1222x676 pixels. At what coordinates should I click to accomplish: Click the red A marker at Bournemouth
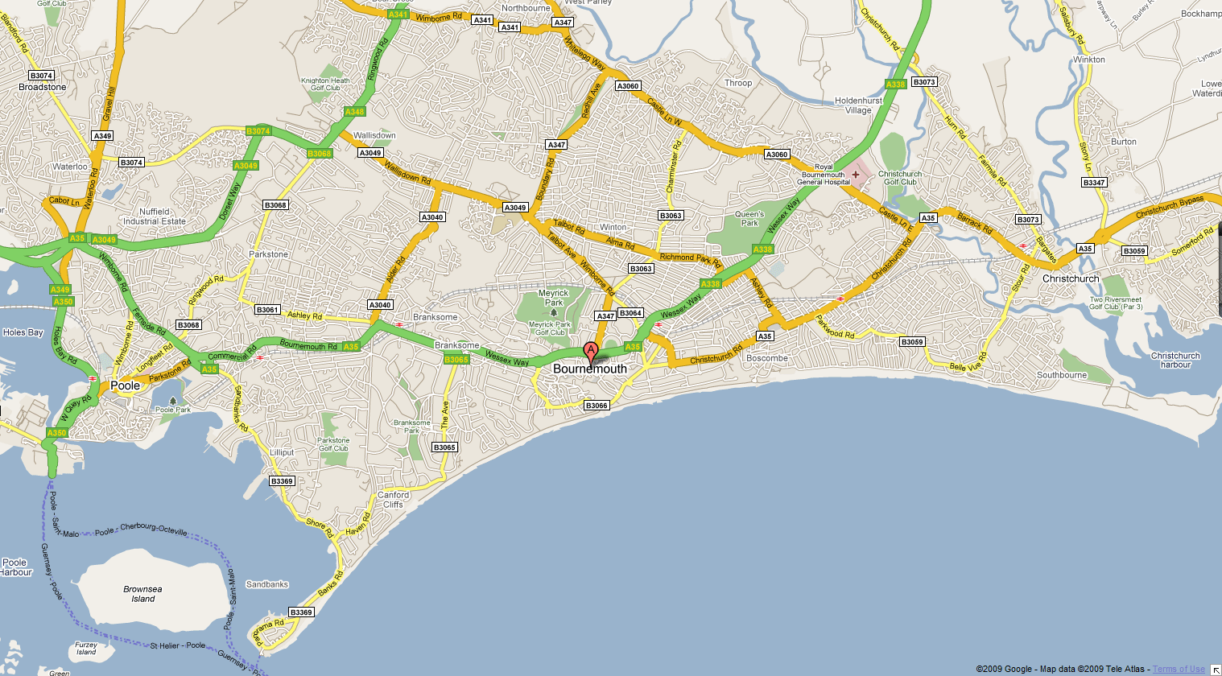point(591,352)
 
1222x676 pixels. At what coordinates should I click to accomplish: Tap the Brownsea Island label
point(142,594)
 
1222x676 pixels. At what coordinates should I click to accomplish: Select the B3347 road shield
point(1094,183)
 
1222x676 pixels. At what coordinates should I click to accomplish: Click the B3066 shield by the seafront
point(597,406)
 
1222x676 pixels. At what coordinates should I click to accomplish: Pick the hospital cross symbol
point(855,174)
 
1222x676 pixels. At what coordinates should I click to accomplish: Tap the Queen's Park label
point(749,218)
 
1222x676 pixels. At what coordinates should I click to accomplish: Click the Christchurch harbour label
point(1175,360)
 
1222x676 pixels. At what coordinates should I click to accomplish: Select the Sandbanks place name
point(267,584)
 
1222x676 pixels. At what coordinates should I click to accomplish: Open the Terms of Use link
point(1179,669)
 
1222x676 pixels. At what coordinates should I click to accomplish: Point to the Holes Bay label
point(23,332)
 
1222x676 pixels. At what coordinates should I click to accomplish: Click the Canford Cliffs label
point(394,500)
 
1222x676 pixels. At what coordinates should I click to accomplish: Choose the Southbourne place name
point(1062,375)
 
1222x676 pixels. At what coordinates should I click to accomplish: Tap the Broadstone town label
point(43,87)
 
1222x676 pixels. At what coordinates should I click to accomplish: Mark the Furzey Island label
point(86,648)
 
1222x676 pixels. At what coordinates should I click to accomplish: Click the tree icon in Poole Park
point(173,401)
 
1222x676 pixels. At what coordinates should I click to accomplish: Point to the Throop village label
point(738,83)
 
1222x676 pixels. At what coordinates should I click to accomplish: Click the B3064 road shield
point(631,313)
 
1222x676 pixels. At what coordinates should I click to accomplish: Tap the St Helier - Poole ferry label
point(178,645)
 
